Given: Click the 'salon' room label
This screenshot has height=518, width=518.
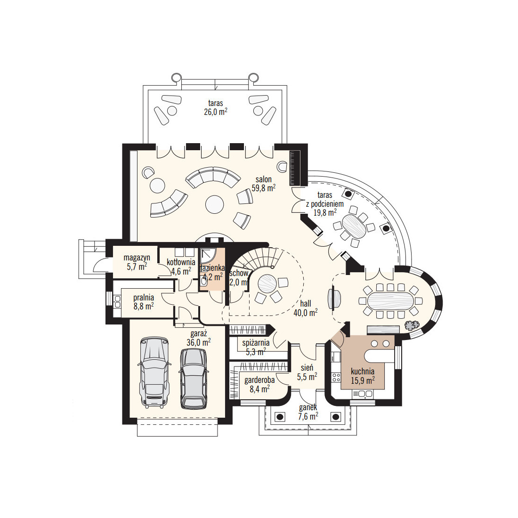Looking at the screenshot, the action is click(x=263, y=179).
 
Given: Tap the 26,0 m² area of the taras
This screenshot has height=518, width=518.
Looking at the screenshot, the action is click(x=215, y=112).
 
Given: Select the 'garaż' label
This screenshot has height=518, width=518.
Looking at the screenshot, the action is click(x=199, y=333).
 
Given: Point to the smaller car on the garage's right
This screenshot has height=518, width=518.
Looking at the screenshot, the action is click(x=194, y=378).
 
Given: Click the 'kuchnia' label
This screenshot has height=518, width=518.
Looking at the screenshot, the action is click(x=363, y=372).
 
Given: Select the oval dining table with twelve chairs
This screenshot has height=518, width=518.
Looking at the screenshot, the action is click(x=390, y=300).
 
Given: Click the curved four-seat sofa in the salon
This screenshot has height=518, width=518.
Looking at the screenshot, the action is click(x=213, y=177).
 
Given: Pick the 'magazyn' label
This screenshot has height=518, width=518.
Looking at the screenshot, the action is click(x=137, y=257).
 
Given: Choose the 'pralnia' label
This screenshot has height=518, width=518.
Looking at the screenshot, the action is click(x=144, y=297).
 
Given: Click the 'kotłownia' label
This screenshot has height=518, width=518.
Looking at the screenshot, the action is click(x=181, y=262).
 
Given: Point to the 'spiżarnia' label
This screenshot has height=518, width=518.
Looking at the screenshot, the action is click(x=256, y=343).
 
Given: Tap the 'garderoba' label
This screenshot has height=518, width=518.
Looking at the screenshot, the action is click(x=259, y=380).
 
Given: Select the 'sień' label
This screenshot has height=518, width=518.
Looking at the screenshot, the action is click(x=307, y=368).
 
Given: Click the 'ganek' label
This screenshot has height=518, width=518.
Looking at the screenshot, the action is click(x=308, y=408).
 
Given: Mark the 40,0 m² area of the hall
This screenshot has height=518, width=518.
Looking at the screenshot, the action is click(x=306, y=313).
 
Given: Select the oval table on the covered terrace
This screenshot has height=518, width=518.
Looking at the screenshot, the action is click(x=354, y=226).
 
